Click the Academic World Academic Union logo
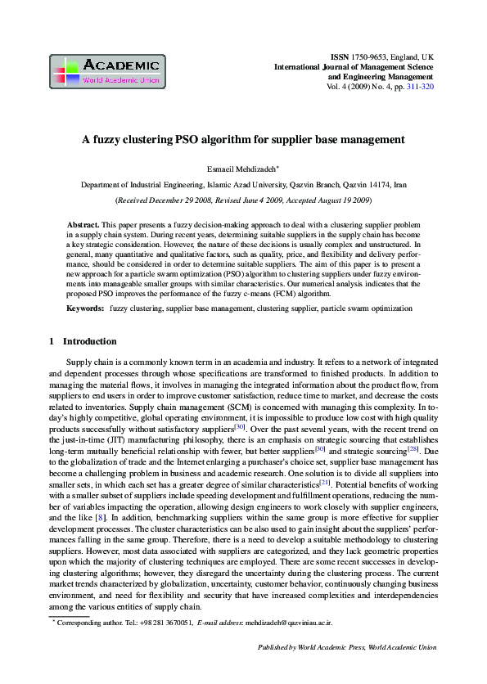(x=107, y=71)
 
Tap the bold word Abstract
(x=83, y=223)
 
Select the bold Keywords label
(x=85, y=308)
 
